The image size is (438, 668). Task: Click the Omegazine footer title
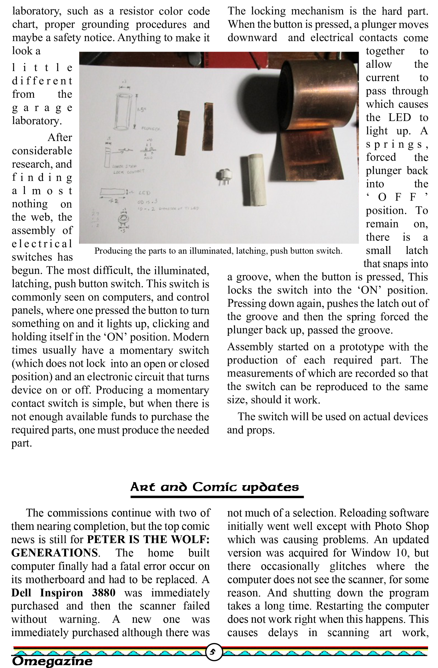(x=52, y=661)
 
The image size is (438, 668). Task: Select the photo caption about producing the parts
(x=218, y=251)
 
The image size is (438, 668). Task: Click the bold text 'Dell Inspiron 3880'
(x=63, y=593)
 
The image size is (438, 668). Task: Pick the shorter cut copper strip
(x=182, y=132)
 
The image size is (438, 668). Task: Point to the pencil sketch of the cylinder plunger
(x=124, y=111)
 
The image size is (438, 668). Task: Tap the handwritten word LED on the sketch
(x=144, y=193)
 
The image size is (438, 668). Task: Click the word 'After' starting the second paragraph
(x=60, y=138)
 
